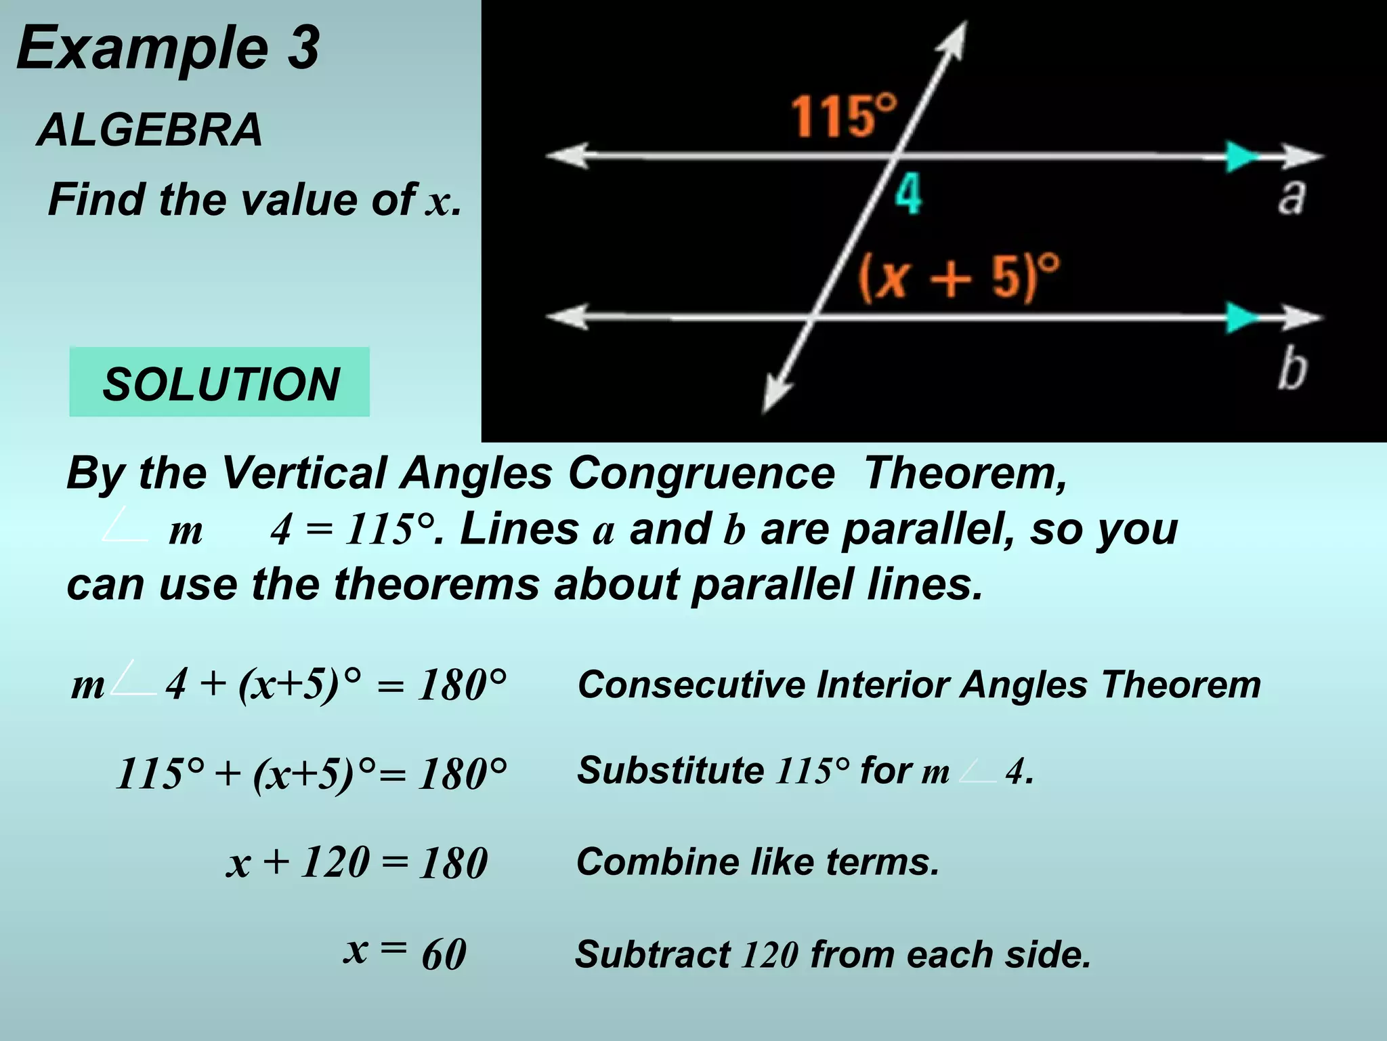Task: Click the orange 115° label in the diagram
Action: coord(843,117)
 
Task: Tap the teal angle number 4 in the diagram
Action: coord(908,195)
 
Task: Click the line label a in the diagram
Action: coord(1291,197)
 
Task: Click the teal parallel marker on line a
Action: coord(1241,157)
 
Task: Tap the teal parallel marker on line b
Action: coord(1241,317)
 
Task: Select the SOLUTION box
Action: coord(219,382)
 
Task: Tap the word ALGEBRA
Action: coord(150,129)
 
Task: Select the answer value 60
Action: coord(444,954)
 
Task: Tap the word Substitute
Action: coord(670,771)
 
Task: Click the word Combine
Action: coord(658,862)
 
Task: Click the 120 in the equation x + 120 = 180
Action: coord(335,863)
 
